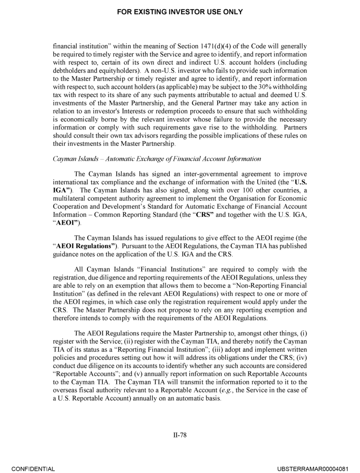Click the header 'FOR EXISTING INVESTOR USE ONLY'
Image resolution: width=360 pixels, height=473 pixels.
pos(180,12)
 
